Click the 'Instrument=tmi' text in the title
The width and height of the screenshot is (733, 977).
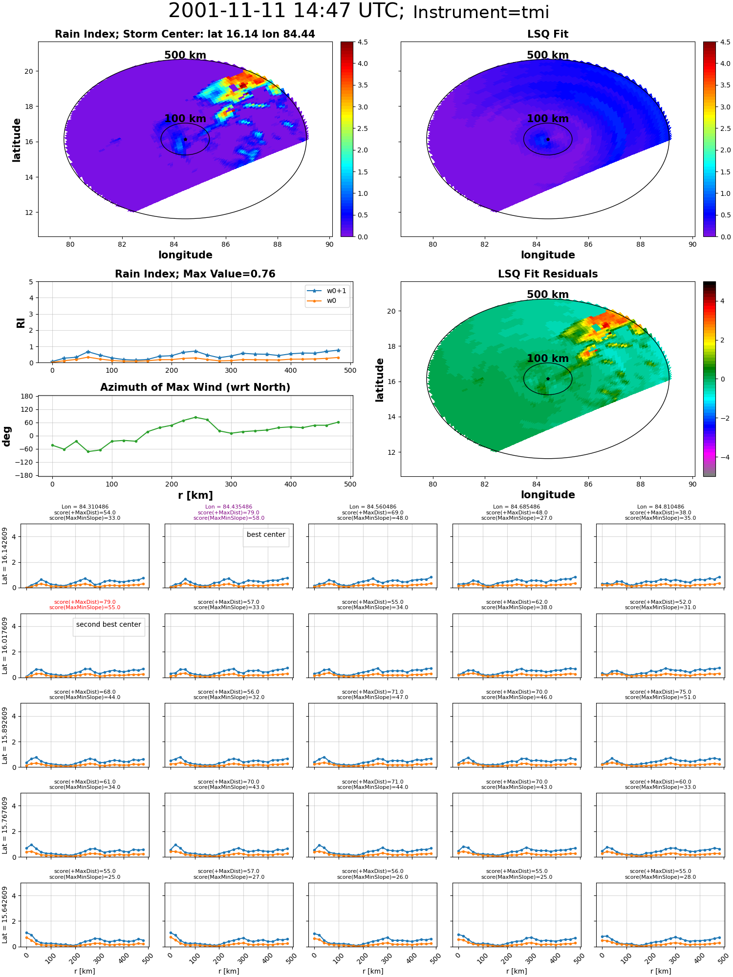481,12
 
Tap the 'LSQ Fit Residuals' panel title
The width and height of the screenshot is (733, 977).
548,274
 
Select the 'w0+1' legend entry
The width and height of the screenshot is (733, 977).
327,291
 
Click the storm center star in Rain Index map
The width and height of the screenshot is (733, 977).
185,139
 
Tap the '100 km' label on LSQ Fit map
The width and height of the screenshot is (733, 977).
548,118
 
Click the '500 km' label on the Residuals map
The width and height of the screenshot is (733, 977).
548,294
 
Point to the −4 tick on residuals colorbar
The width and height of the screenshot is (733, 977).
722,457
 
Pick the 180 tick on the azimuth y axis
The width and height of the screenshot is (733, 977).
27,396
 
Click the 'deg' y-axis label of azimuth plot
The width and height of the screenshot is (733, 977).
7,436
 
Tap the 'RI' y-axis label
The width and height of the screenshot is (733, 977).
21,322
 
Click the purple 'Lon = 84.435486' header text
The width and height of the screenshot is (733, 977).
229,507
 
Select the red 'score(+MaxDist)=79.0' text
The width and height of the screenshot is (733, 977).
85,602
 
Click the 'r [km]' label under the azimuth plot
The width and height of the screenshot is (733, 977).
195,495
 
